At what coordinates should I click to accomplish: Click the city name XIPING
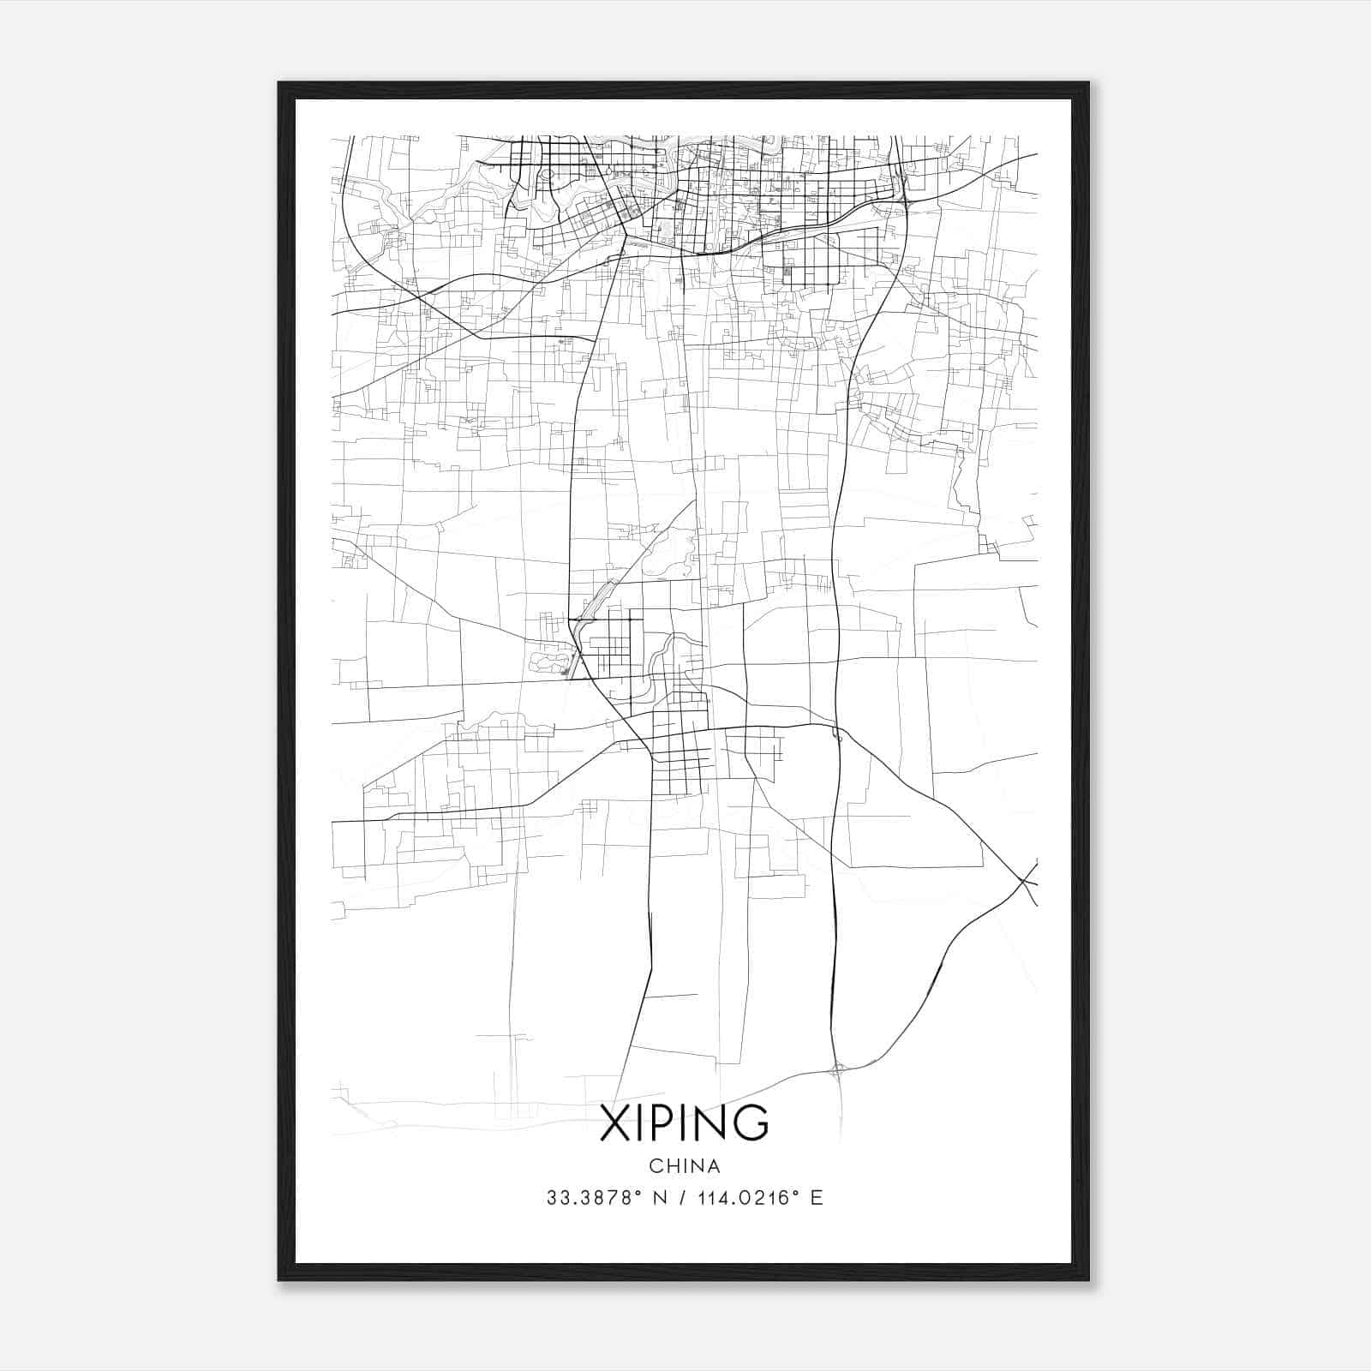[684, 1123]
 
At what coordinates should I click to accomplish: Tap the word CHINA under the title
[684, 1166]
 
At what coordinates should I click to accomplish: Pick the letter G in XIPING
[751, 1123]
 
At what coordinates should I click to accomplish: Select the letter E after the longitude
[817, 1198]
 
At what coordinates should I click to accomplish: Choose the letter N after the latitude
[660, 1198]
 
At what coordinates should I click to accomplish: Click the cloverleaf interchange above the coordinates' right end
[837, 1069]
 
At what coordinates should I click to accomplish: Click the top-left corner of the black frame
[279, 83]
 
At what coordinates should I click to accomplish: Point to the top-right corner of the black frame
[1087, 83]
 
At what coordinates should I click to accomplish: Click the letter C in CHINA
[655, 1166]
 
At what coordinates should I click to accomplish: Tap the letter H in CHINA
[670, 1166]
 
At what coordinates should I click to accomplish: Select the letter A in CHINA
[714, 1166]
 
